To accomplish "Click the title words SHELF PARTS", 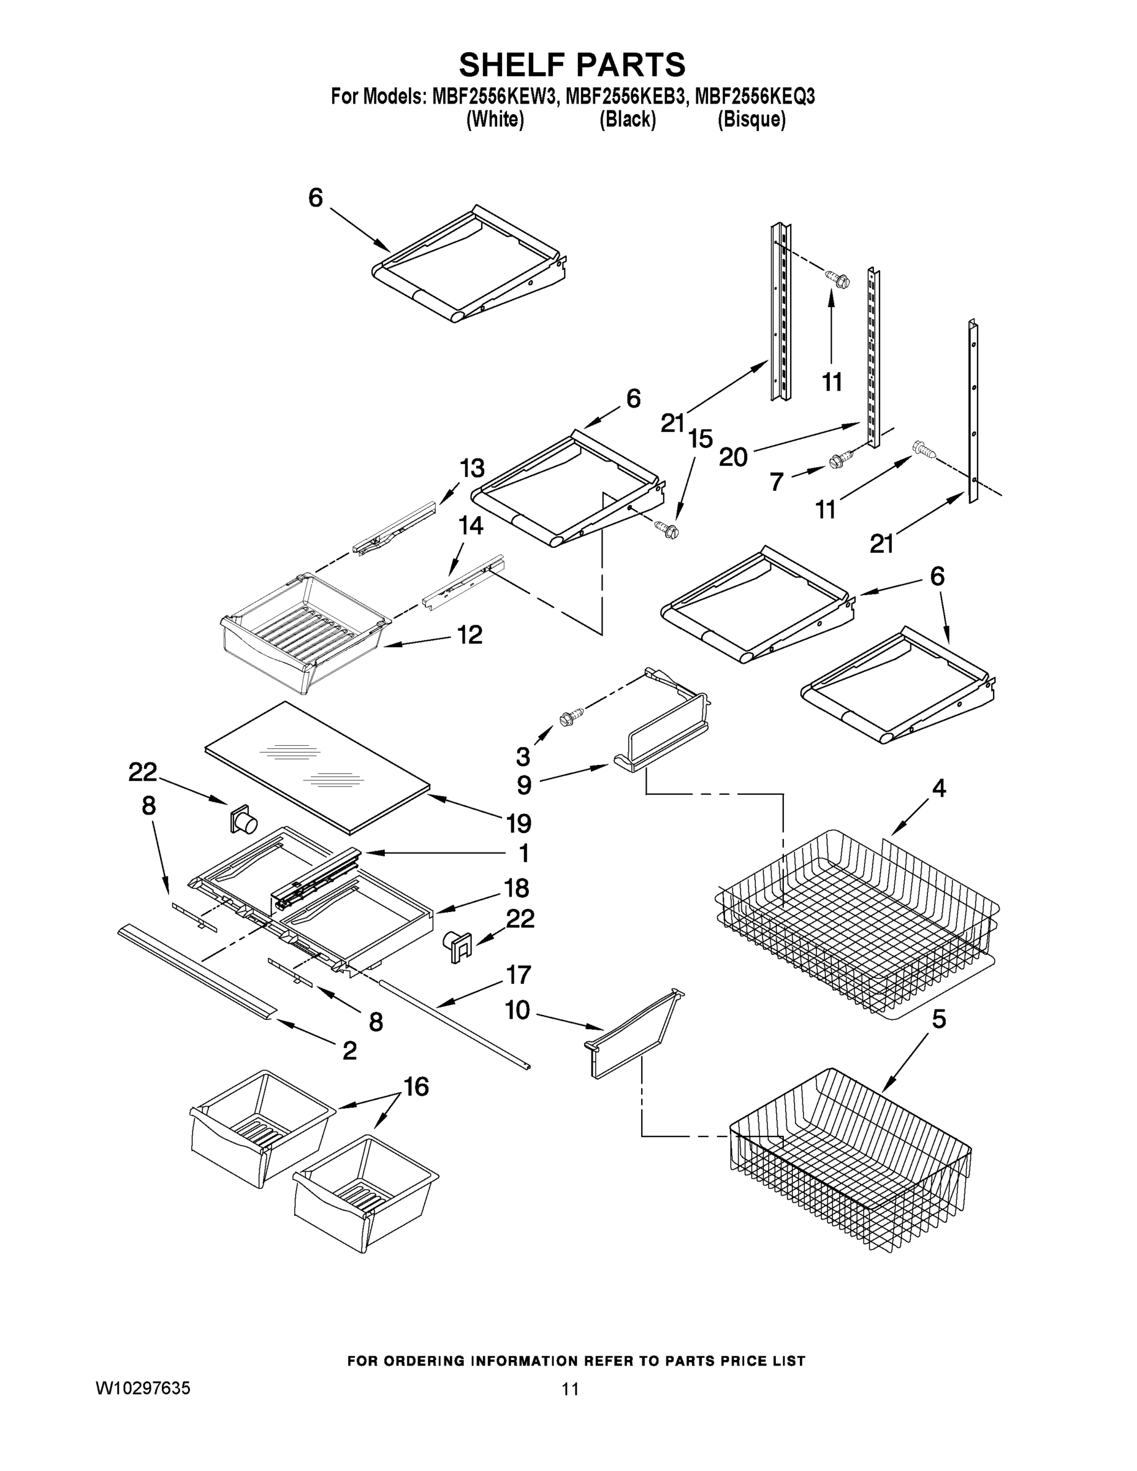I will click(572, 66).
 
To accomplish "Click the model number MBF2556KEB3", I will click(627, 97).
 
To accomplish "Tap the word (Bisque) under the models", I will click(751, 120).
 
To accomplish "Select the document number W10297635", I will click(143, 1388).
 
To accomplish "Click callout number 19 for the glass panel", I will click(519, 823).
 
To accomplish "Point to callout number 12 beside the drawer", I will click(470, 634).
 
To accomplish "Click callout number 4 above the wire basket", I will click(938, 788).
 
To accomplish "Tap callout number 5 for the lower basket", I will click(938, 1019).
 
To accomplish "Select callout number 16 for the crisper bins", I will click(416, 1087).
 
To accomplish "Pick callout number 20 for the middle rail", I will click(733, 458).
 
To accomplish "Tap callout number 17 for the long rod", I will click(519, 975).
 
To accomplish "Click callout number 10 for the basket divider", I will click(517, 1010).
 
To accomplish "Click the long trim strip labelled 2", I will click(196, 970).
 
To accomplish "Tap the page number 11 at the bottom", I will click(570, 1388).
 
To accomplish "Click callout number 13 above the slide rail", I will click(472, 468).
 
